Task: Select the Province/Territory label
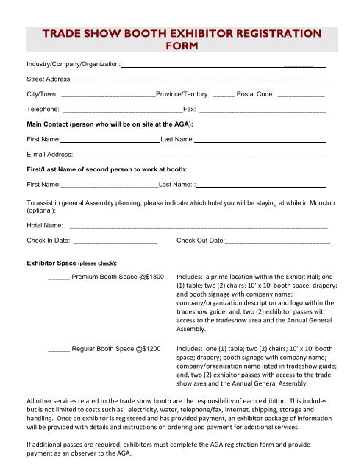183,94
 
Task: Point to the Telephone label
43,109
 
